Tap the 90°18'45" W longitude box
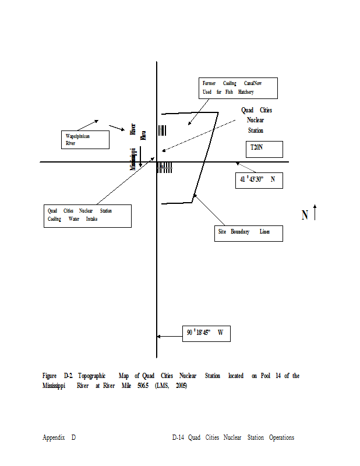point(206,334)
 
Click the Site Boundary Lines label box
point(248,232)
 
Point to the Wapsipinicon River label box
point(86,139)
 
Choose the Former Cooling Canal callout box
point(238,88)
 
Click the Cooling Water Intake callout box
point(87,216)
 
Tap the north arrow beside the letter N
point(315,213)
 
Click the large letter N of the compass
point(305,216)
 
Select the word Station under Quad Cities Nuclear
point(255,130)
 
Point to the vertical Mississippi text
point(133,158)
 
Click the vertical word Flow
point(143,135)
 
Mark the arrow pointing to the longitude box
point(170,336)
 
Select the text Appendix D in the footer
point(59,437)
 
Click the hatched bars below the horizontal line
point(165,168)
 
